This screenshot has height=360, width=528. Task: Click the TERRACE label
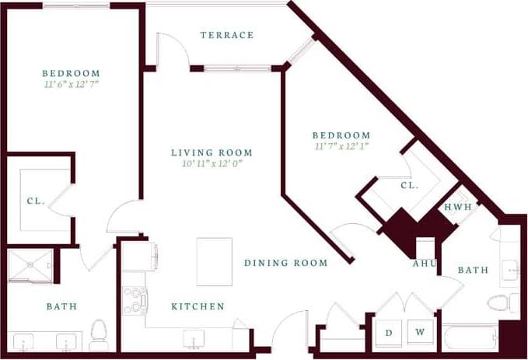click(x=226, y=35)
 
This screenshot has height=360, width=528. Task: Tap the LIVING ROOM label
click(x=212, y=152)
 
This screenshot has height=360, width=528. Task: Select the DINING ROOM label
click(x=285, y=263)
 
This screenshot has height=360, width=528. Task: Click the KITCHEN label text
click(x=198, y=306)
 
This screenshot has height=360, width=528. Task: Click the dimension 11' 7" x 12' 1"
click(x=342, y=145)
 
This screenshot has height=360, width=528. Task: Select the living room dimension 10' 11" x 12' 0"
click(x=212, y=164)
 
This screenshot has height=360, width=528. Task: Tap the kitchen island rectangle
click(x=214, y=261)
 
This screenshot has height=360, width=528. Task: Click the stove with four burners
click(x=135, y=300)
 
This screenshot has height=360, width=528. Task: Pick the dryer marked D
click(x=389, y=332)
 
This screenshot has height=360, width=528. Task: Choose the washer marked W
click(x=420, y=332)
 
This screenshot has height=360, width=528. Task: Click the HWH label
click(x=456, y=207)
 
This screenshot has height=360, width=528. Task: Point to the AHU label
click(x=423, y=263)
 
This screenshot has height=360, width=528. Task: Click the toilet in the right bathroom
click(x=497, y=302)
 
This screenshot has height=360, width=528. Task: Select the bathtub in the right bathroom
click(x=470, y=338)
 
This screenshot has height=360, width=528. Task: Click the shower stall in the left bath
click(x=30, y=266)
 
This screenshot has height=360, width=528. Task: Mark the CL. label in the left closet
click(x=35, y=201)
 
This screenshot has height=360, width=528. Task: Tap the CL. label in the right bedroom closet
click(x=410, y=186)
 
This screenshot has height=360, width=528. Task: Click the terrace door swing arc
click(x=177, y=47)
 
